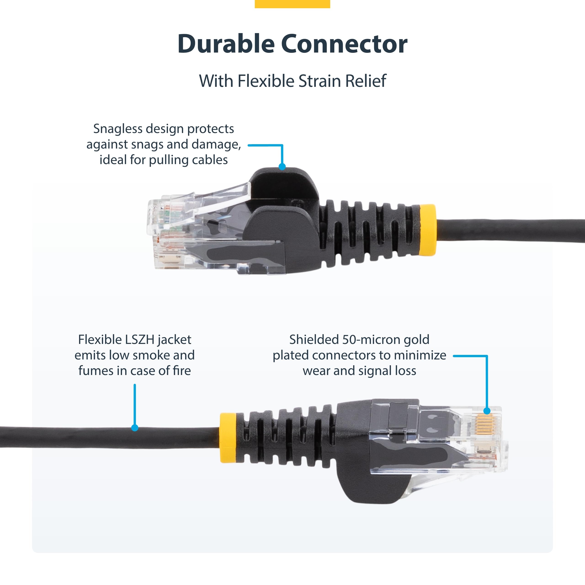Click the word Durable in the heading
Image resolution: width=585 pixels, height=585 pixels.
(226, 44)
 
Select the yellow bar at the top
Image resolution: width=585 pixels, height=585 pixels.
(292, 4)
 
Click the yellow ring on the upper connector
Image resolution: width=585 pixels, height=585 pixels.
(428, 230)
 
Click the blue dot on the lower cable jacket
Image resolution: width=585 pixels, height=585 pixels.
(135, 428)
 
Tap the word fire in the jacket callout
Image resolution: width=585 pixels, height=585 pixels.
(182, 371)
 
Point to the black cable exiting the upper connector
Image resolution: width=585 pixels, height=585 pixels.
(509, 231)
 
